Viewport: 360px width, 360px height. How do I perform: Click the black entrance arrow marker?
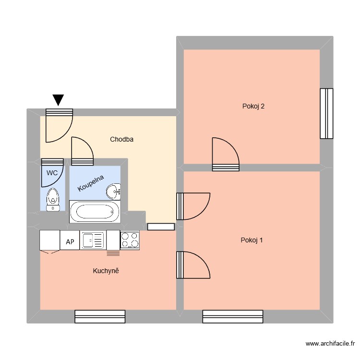click(x=58, y=99)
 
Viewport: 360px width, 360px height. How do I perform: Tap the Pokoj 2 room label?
click(x=253, y=107)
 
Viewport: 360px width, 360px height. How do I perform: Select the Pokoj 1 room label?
click(x=252, y=240)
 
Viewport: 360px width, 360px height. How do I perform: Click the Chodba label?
click(x=121, y=140)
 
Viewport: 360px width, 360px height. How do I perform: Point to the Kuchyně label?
click(x=106, y=271)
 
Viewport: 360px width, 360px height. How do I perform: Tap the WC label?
click(x=52, y=172)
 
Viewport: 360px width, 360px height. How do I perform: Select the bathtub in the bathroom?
click(x=95, y=212)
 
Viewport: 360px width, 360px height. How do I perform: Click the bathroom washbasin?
click(x=114, y=191)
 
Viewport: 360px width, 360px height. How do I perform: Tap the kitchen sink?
click(x=92, y=240)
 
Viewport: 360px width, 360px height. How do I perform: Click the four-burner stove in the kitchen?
click(x=130, y=240)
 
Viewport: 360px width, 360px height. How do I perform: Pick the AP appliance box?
click(x=70, y=242)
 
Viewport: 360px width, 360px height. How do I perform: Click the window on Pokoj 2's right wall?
click(x=326, y=113)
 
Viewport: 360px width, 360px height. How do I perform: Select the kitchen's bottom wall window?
click(x=100, y=316)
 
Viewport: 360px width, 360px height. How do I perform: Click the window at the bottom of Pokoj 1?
click(x=232, y=316)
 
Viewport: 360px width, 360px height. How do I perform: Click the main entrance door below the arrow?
click(x=59, y=126)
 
